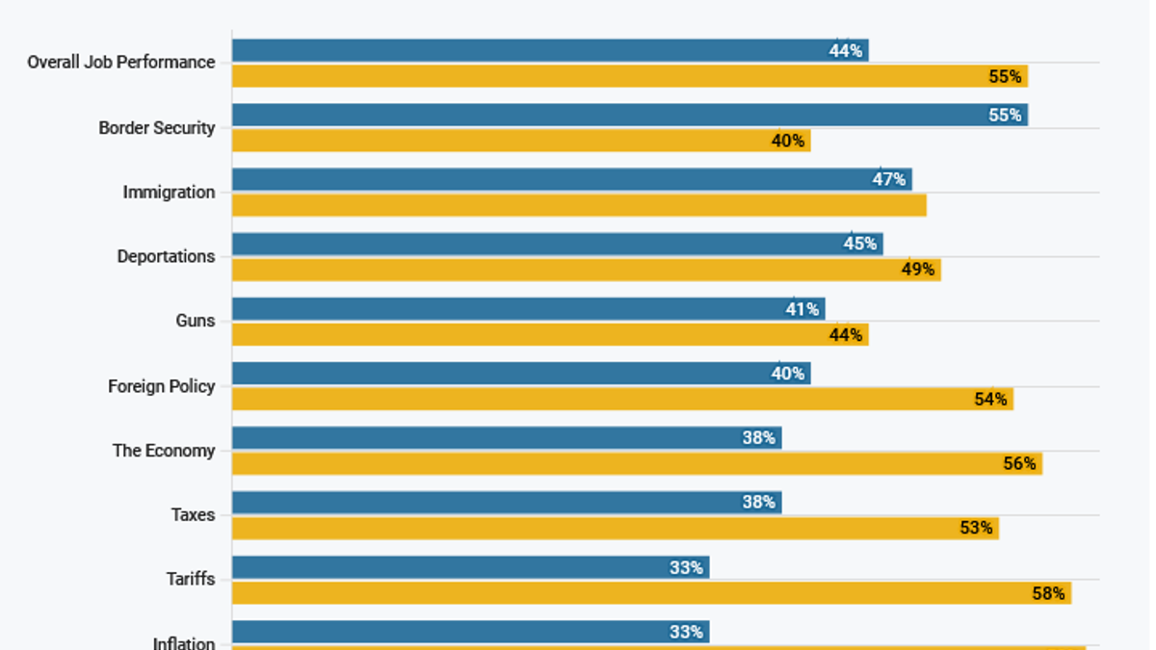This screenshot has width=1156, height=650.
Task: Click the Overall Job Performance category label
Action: [120, 63]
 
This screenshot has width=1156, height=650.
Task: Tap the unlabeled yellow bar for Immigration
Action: [578, 205]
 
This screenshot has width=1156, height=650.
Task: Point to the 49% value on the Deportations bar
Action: [917, 270]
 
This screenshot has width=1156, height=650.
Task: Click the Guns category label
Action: [195, 321]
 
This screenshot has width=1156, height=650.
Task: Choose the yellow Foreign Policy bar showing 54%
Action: [621, 399]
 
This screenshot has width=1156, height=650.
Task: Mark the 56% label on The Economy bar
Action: [1019, 463]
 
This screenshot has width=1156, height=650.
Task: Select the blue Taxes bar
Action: [506, 502]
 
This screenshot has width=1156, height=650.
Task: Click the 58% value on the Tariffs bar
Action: [1048, 593]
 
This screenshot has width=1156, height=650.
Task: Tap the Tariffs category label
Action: [190, 579]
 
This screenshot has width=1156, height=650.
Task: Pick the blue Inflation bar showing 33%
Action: [470, 632]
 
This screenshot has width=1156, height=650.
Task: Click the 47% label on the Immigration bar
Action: [888, 179]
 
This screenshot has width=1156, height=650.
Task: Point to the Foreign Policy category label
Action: [161, 386]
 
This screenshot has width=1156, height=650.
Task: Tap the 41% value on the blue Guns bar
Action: [801, 309]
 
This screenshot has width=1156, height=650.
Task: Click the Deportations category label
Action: [166, 256]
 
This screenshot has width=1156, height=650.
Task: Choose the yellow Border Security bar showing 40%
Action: [520, 141]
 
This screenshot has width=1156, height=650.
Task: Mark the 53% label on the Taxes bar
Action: [976, 528]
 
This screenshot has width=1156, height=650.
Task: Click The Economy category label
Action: [164, 451]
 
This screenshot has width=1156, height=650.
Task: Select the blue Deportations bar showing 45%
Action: [557, 244]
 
